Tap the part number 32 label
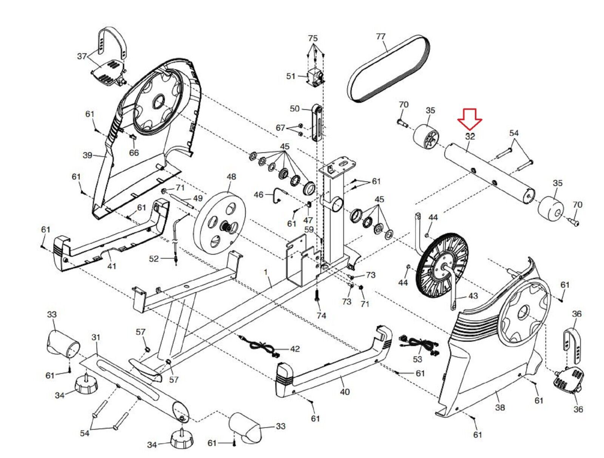tap(470, 136)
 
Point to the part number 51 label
tap(291, 76)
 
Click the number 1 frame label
tap(265, 272)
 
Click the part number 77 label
tap(381, 36)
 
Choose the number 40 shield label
tap(345, 391)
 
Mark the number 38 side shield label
tap(500, 407)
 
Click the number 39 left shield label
tap(88, 155)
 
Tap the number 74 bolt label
tap(321, 315)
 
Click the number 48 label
tap(231, 176)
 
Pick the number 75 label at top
tap(313, 38)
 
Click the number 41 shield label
tap(111, 266)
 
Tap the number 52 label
tap(154, 258)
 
